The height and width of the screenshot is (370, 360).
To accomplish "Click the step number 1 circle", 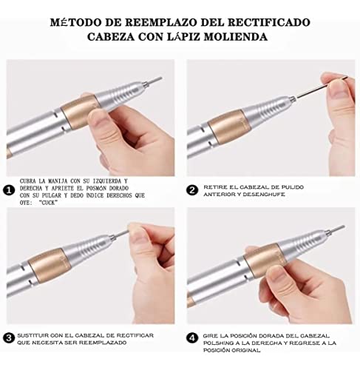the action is point(9,190).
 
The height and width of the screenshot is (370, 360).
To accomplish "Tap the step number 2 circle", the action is point(192,190).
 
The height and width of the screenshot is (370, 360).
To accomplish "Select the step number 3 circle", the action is point(9,337).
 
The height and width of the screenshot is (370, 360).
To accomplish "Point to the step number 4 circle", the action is point(192,337).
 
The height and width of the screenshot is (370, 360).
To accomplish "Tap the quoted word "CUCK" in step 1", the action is point(50,203).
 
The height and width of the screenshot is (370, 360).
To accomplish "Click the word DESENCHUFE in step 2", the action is point(264,195).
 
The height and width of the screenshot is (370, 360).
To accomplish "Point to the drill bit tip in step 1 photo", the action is point(161,78).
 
